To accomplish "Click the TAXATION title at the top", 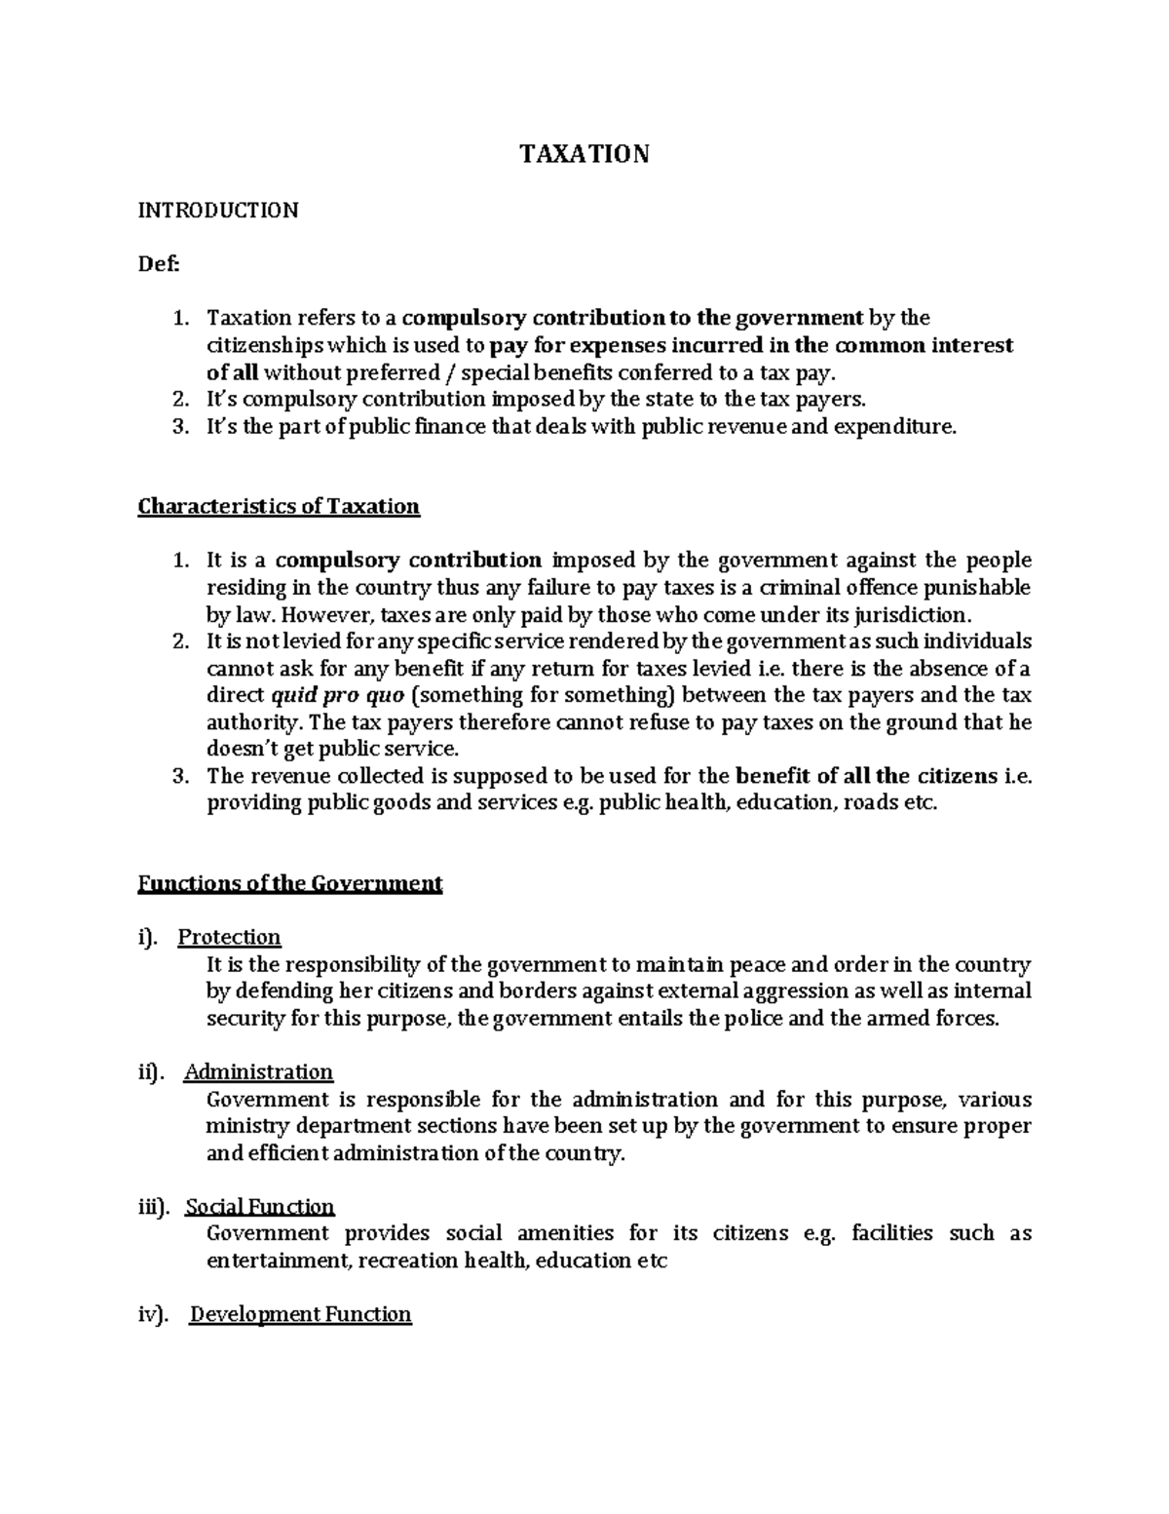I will (x=584, y=154).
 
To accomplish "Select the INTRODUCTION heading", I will (x=217, y=210).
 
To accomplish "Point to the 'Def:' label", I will (x=159, y=263).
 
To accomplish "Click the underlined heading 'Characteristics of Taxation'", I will (x=279, y=506).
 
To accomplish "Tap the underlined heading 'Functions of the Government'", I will (x=290, y=883).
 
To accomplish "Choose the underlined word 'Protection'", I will (x=229, y=937).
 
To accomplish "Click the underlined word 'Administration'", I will (x=259, y=1071).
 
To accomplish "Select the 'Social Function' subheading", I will (x=260, y=1206).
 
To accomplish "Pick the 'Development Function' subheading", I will (x=300, y=1314).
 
